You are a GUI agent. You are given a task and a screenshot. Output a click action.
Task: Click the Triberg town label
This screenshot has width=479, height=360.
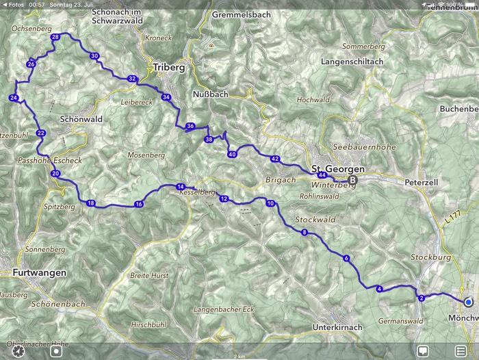[x=165, y=68]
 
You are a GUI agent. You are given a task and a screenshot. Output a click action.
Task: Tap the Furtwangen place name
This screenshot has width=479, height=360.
[x=39, y=272]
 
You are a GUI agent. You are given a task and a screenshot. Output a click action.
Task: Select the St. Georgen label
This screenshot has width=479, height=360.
[x=338, y=168]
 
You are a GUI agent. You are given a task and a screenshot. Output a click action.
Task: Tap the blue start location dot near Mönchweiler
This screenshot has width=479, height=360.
[x=468, y=302]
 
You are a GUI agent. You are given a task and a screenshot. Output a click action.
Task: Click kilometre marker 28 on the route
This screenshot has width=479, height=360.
[x=55, y=37]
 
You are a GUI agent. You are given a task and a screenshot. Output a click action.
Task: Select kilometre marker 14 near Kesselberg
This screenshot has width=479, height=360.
[x=181, y=187]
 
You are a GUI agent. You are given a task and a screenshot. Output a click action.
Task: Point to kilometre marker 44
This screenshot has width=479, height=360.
[x=322, y=175]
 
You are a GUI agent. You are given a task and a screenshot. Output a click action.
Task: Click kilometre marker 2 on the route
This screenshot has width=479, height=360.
[x=422, y=298]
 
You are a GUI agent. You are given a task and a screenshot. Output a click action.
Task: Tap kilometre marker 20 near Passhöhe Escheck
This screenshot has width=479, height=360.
[x=55, y=174]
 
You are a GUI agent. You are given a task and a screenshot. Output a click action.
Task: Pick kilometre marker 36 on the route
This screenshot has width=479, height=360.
[x=190, y=126]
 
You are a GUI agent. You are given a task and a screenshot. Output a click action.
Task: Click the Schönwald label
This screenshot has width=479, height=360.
[x=81, y=118]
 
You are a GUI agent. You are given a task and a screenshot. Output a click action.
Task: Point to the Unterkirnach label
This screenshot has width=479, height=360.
[x=336, y=328]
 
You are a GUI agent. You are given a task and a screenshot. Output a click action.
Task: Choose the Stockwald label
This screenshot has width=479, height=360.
[x=315, y=220]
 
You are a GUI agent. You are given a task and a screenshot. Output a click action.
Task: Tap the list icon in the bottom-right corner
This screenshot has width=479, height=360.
[x=461, y=351]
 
